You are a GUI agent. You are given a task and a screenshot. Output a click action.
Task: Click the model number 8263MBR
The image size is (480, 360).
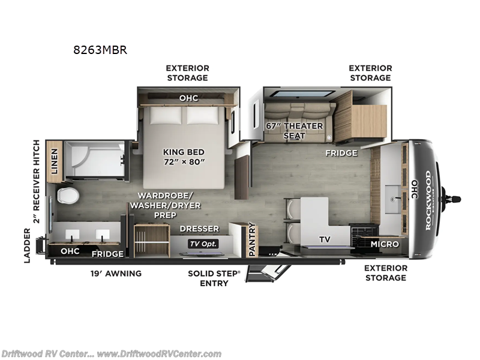click(100, 50)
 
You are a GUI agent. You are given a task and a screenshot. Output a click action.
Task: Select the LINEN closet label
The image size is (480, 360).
click(55, 161)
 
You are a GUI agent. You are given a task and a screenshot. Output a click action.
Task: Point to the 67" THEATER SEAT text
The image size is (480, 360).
click(294, 131)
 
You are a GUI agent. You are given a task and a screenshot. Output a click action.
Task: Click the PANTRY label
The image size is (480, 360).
click(252, 238)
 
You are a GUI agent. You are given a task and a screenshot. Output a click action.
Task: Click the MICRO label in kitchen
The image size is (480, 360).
click(384, 244)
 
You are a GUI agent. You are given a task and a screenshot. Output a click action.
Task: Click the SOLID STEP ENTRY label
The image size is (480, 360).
click(214, 278)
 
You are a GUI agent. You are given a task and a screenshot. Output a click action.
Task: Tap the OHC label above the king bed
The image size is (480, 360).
click(188, 98)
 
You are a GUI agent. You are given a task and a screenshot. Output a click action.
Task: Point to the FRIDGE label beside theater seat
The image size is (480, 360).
click(341, 153)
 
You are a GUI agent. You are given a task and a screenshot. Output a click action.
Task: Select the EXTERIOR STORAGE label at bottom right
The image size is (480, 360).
click(385, 272)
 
